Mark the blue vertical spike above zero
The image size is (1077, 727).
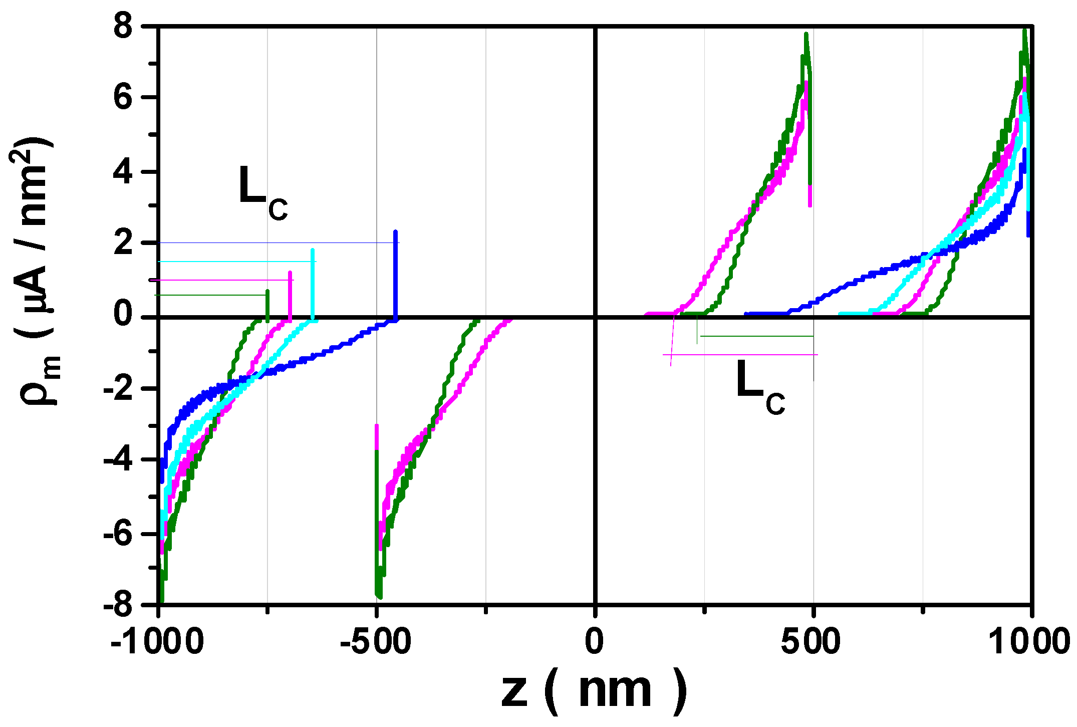click(396, 276)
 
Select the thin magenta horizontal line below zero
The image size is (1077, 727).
click(741, 355)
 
